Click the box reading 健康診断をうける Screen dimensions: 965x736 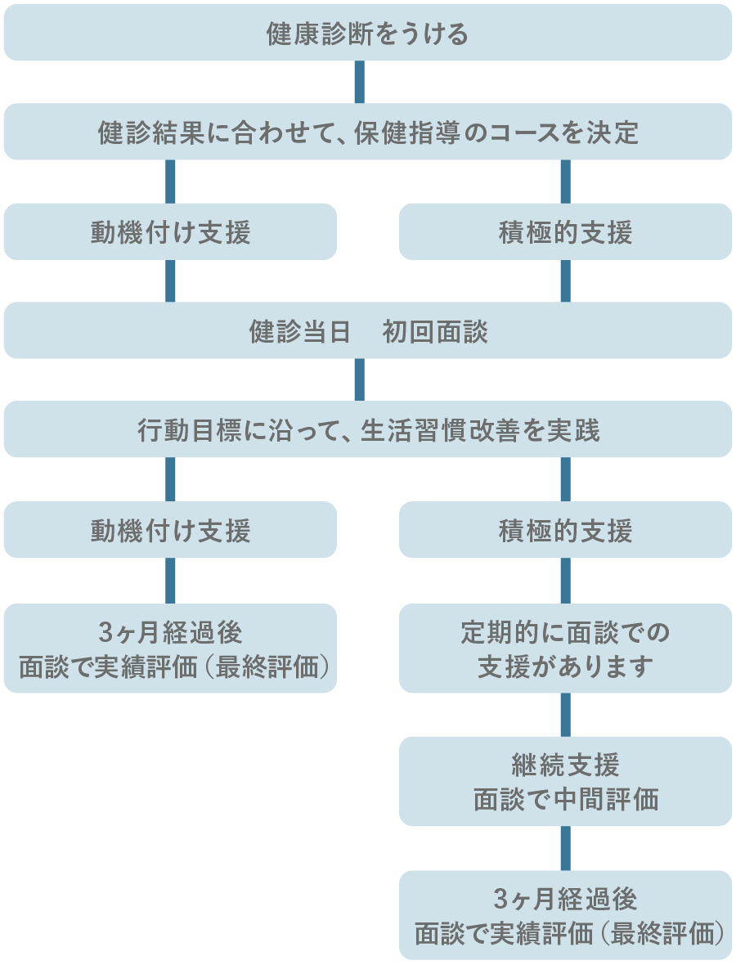(367, 34)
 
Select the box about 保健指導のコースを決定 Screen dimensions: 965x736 (367, 132)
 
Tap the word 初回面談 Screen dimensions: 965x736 (435, 332)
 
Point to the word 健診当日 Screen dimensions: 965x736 (299, 332)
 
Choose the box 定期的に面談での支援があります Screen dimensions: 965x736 (565, 649)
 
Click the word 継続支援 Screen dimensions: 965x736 (565, 765)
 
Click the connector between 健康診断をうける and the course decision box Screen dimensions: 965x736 (359, 82)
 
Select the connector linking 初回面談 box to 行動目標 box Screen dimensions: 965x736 (359, 379)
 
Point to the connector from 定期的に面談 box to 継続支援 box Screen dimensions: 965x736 (565, 714)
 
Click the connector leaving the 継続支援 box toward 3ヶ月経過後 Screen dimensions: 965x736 (565, 848)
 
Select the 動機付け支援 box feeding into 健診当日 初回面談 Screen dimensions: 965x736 (170, 232)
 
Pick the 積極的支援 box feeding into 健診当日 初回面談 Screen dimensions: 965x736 (565, 232)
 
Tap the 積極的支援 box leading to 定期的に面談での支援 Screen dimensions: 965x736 (565, 531)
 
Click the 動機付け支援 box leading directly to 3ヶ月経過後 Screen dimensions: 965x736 (170, 531)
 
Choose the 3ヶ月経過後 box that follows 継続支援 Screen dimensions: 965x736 (565, 915)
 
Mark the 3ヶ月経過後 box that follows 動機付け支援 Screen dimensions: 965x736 (170, 649)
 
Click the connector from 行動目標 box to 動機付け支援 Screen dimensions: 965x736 (170, 479)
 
